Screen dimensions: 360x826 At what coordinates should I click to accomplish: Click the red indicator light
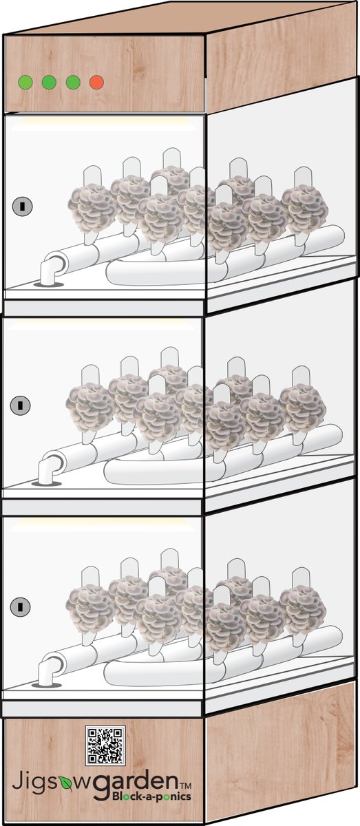coord(96,82)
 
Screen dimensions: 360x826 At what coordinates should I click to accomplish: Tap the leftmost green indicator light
coord(25,82)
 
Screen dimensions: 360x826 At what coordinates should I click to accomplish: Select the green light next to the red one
coord(73,82)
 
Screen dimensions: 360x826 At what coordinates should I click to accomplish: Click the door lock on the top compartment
coord(23,206)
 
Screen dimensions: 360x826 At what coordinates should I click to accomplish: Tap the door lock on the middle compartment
coord(20,405)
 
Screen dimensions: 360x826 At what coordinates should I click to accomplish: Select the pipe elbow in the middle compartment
coord(49,469)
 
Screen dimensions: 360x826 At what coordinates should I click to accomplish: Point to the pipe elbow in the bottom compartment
coord(49,670)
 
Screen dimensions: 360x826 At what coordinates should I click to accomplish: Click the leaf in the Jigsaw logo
coord(65,783)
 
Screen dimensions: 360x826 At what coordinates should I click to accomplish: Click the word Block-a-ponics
coord(151,797)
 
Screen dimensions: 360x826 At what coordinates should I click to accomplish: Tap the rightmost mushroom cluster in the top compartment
coord(305,211)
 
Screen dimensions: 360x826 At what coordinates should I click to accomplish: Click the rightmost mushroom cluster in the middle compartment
coord(303,410)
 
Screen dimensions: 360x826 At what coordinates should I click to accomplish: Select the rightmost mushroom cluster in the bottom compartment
coord(303,611)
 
